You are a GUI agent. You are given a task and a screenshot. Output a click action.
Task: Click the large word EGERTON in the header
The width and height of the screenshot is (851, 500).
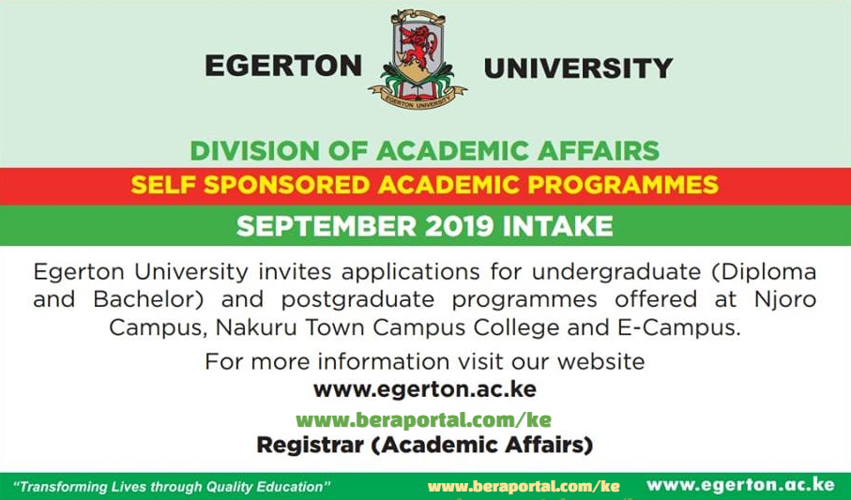[x=283, y=67]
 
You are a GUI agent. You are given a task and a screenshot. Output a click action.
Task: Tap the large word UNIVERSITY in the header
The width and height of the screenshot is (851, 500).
[x=579, y=68]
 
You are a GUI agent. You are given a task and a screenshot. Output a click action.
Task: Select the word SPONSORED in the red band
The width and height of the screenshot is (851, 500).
[x=287, y=186]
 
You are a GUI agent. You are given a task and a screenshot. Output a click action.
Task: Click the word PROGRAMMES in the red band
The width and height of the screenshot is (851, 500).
[x=623, y=186]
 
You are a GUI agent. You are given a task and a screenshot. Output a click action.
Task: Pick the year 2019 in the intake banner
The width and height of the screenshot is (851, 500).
[x=459, y=226]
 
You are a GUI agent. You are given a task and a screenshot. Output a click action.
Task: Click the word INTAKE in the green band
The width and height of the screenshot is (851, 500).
[x=558, y=226]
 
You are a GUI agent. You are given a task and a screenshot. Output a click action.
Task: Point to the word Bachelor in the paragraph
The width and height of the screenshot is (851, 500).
[x=148, y=299]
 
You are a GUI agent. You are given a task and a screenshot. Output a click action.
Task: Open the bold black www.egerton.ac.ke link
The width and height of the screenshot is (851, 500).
[x=425, y=390]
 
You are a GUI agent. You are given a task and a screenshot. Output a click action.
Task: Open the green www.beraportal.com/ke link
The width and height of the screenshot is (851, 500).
[x=424, y=420]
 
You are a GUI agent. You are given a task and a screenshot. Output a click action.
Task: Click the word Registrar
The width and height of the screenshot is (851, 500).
[x=310, y=446]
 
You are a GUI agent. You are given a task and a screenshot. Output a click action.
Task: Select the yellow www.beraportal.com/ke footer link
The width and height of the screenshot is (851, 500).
[x=524, y=487]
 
